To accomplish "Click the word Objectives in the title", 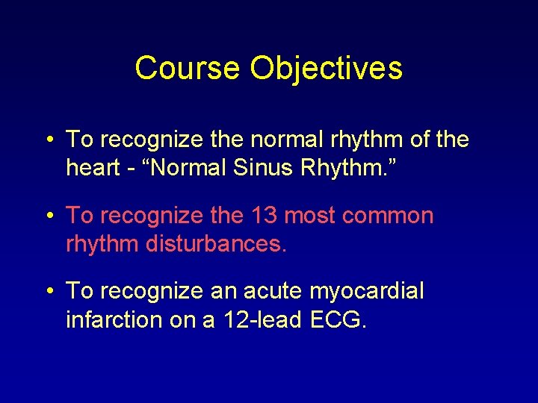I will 326,69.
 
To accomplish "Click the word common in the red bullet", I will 388,216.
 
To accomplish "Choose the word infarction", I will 114,320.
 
